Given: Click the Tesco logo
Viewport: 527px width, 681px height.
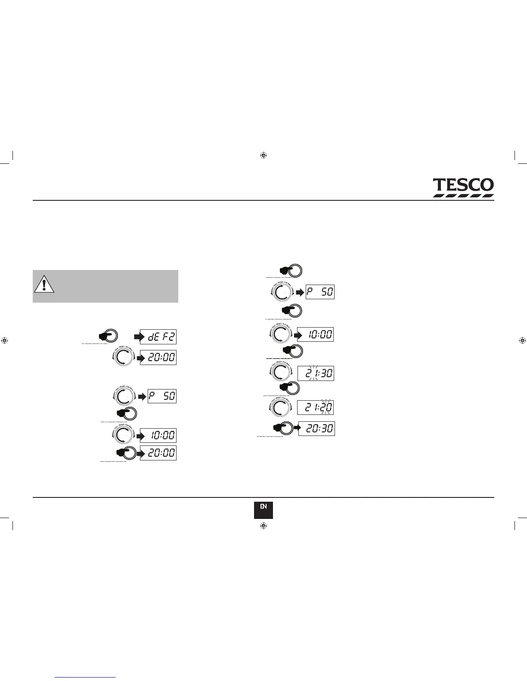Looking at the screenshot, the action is click(463, 187).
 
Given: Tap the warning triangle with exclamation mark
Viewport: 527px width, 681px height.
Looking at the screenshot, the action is click(44, 285).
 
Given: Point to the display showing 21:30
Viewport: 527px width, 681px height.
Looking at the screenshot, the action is click(316, 373).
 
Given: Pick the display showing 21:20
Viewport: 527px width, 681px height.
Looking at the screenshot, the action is click(316, 407).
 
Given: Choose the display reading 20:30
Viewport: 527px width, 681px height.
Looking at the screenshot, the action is click(316, 429).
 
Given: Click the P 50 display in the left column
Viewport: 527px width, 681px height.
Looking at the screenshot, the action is click(162, 396).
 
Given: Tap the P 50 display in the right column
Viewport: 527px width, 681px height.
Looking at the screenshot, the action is click(320, 292).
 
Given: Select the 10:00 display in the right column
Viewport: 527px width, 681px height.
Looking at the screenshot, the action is click(316, 334).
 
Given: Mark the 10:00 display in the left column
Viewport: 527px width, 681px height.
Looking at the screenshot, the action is click(159, 436).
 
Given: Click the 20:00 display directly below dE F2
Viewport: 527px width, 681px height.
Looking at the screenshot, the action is click(159, 358).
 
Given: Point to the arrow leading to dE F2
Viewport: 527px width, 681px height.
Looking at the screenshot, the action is click(139, 337).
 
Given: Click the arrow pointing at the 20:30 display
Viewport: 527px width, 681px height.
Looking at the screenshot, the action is click(296, 428).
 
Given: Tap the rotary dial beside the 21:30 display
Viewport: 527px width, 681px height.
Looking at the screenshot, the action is click(280, 372).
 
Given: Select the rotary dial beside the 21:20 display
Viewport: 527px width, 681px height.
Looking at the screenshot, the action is click(280, 407).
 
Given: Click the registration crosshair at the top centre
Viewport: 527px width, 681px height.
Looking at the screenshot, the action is click(263, 155).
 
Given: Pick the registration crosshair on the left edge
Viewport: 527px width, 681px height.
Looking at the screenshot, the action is click(5, 340).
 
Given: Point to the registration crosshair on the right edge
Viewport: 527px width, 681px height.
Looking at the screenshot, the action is click(522, 340).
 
